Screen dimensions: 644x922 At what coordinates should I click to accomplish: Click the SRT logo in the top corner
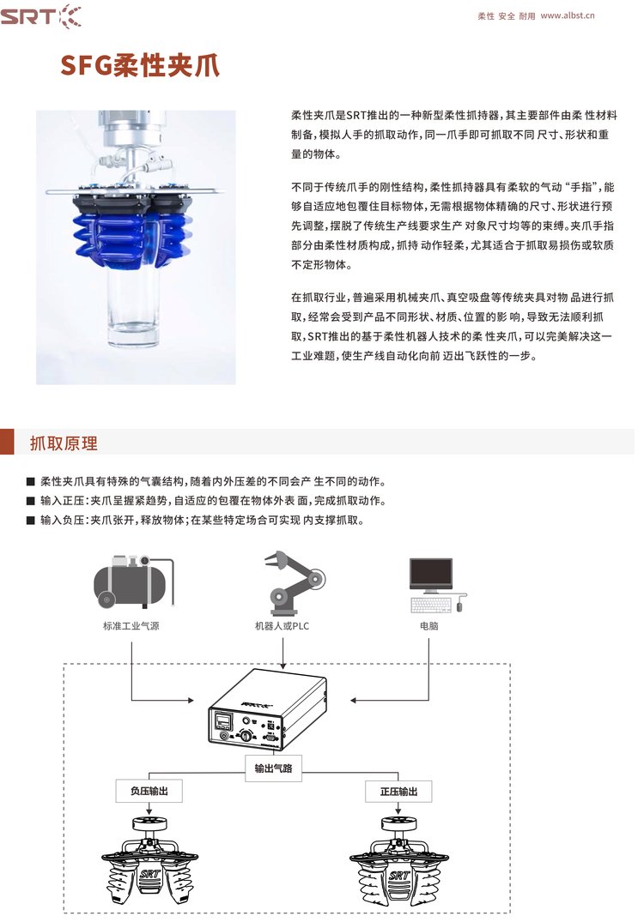pyautogui.click(x=40, y=16)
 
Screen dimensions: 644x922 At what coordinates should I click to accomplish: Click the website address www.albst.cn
pyautogui.click(x=568, y=16)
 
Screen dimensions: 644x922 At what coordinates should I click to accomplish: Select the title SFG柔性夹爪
pyautogui.click(x=140, y=64)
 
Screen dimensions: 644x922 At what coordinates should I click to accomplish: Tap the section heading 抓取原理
pyautogui.click(x=64, y=443)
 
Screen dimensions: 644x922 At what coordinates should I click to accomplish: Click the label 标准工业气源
pyautogui.click(x=131, y=626)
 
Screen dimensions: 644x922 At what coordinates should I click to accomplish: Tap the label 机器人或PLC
pyautogui.click(x=282, y=626)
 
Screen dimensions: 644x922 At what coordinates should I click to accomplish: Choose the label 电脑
pyautogui.click(x=429, y=626)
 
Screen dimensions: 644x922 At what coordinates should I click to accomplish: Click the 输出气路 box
pyautogui.click(x=274, y=768)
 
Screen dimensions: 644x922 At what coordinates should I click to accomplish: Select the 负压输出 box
pyautogui.click(x=149, y=791)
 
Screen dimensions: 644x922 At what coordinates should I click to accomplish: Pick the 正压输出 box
pyautogui.click(x=398, y=792)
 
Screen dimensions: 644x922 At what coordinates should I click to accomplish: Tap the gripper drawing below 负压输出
pyautogui.click(x=149, y=860)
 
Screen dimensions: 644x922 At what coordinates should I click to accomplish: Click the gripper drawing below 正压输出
pyautogui.click(x=399, y=860)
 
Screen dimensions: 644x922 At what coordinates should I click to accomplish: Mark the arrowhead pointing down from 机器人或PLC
pyautogui.click(x=283, y=665)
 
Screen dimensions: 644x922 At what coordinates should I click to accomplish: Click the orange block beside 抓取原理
pyautogui.click(x=7, y=442)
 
